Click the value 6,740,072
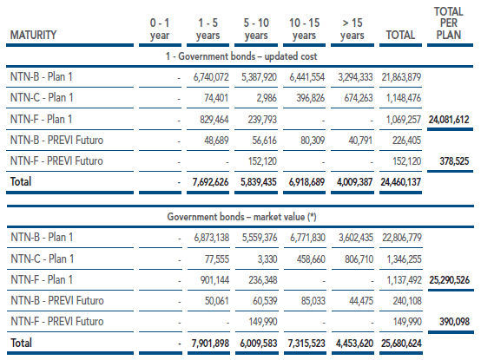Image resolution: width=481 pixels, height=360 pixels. [211, 77]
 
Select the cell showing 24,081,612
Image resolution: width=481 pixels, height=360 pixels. [449, 119]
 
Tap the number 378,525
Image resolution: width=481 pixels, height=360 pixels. [454, 161]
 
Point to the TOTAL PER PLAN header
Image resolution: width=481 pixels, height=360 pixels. [449, 23]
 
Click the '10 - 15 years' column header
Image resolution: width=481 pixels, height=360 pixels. [304, 29]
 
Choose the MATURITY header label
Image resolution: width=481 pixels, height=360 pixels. [34, 35]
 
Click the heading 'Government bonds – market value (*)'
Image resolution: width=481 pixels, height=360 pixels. [241, 217]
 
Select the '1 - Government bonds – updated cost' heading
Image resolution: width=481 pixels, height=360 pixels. [241, 56]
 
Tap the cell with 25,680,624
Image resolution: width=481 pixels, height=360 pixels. [401, 344]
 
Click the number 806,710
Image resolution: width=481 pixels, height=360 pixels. [359, 259]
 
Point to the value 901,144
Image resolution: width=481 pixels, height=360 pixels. [214, 280]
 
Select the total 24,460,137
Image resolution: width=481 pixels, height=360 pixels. [400, 182]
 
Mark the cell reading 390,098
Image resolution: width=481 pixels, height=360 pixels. [454, 322]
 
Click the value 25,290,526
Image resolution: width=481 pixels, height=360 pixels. [450, 280]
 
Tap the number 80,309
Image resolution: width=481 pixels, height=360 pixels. [313, 141]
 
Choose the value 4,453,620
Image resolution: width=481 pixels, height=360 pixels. [354, 344]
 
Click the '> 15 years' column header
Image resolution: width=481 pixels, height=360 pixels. [353, 29]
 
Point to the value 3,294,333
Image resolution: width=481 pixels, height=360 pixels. [355, 77]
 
